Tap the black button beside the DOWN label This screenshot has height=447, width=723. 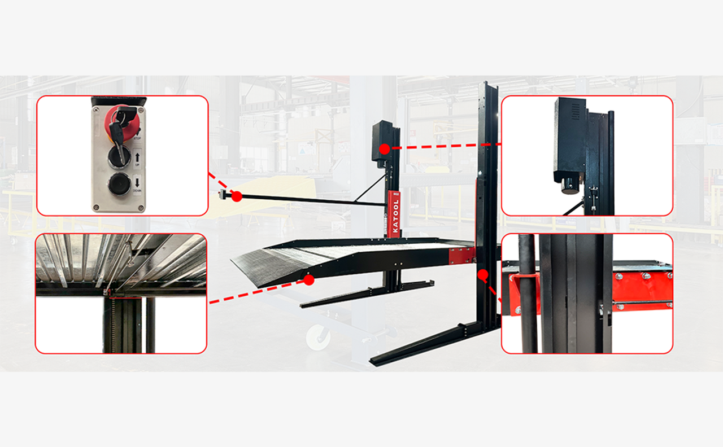(x=119, y=184)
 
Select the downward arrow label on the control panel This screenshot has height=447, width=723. (x=137, y=182)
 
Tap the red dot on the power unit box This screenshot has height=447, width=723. (x=384, y=149)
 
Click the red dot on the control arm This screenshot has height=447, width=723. (x=237, y=196)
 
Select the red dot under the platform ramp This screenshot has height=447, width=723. (x=308, y=279)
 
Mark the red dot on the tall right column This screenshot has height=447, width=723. (x=482, y=275)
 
